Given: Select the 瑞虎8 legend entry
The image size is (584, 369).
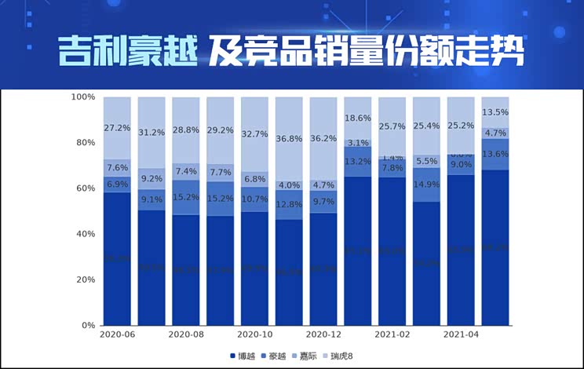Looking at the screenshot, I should (341, 356).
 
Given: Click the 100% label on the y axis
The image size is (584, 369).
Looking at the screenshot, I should (82, 97).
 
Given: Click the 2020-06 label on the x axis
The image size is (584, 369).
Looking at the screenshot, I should (117, 334).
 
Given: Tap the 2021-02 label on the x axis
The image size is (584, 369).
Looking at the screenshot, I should (392, 334).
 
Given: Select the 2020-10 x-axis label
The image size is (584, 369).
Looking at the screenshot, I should (254, 334).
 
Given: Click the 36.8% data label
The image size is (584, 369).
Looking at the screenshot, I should (289, 139).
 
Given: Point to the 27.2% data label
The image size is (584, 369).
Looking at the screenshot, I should (117, 127).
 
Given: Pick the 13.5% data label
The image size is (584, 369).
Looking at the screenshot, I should (495, 112).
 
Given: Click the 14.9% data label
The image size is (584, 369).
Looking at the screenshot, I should (426, 184).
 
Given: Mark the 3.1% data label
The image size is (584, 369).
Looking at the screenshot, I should (357, 143).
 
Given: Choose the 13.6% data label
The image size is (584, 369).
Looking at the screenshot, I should (495, 154).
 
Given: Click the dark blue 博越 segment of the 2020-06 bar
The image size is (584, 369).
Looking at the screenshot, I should (117, 259).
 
